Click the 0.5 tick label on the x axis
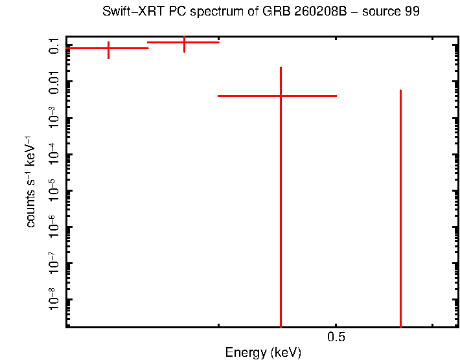pyautogui.click(x=335, y=337)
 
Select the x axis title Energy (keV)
pyautogui.click(x=263, y=353)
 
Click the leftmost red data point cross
pyautogui.click(x=108, y=49)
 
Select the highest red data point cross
pyautogui.click(x=184, y=43)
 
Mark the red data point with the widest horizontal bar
pyautogui.click(x=281, y=96)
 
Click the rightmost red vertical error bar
pyautogui.click(x=401, y=207)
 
